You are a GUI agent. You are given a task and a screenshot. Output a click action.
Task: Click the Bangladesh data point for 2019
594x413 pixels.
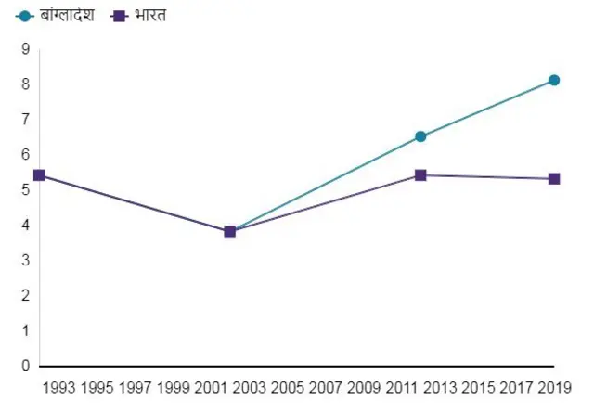(x=554, y=81)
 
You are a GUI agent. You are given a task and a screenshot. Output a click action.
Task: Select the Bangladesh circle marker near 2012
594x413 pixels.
(x=420, y=136)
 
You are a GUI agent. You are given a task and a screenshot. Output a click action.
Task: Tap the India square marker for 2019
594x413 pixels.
(x=554, y=178)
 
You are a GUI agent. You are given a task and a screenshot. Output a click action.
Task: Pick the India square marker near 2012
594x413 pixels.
(x=420, y=174)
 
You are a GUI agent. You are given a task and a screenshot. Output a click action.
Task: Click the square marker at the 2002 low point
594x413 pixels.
(x=229, y=231)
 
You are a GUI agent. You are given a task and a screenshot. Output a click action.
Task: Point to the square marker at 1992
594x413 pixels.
(x=39, y=174)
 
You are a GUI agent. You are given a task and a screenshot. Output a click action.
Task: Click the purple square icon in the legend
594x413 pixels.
(x=118, y=16)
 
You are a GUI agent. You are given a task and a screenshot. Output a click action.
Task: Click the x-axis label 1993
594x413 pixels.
(x=59, y=387)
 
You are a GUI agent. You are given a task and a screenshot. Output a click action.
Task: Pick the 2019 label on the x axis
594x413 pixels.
(x=554, y=387)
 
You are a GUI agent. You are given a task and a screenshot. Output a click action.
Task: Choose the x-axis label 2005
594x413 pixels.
(x=288, y=387)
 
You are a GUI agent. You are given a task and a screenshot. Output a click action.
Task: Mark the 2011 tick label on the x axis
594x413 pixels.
(x=402, y=387)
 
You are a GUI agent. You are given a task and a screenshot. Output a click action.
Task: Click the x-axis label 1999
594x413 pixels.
(x=174, y=387)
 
